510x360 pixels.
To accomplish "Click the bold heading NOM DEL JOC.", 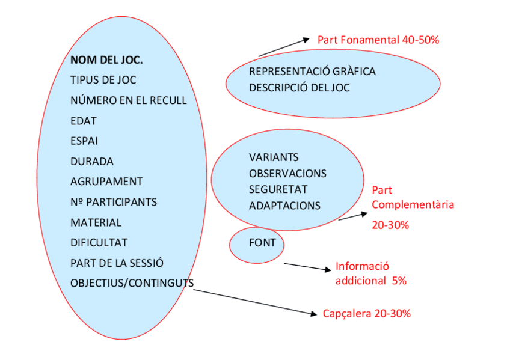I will [106, 60].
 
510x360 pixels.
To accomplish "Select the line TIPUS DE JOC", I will [103, 80].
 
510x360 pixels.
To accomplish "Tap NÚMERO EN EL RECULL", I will [128, 100].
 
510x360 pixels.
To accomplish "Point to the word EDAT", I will [84, 121].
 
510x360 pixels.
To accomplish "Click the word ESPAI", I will [84, 141].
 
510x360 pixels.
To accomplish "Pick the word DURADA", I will [91, 162].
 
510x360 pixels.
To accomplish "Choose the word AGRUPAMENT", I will [106, 182].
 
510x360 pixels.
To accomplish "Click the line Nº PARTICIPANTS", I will [114, 202].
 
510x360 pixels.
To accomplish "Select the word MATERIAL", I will [96, 222].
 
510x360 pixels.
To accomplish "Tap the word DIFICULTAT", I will [99, 243].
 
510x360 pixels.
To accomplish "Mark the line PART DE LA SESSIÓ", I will [117, 263].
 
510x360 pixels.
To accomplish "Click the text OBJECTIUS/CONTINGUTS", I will [132, 283].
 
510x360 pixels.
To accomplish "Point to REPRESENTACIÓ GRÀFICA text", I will [312, 72].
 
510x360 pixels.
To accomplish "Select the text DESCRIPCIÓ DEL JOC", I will [300, 88].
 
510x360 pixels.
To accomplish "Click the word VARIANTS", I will [274, 157].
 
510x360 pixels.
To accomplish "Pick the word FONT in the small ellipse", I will [262, 243].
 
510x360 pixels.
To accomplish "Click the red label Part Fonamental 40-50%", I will [378, 40].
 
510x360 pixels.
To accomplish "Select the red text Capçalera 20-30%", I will [367, 314].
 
